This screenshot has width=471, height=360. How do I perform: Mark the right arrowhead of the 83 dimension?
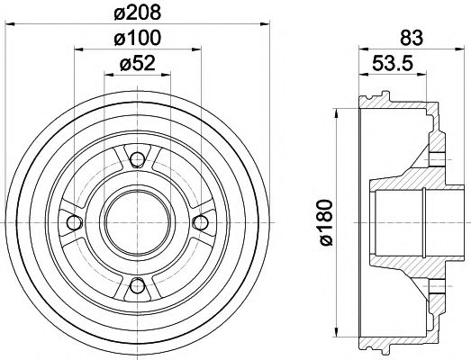445,51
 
